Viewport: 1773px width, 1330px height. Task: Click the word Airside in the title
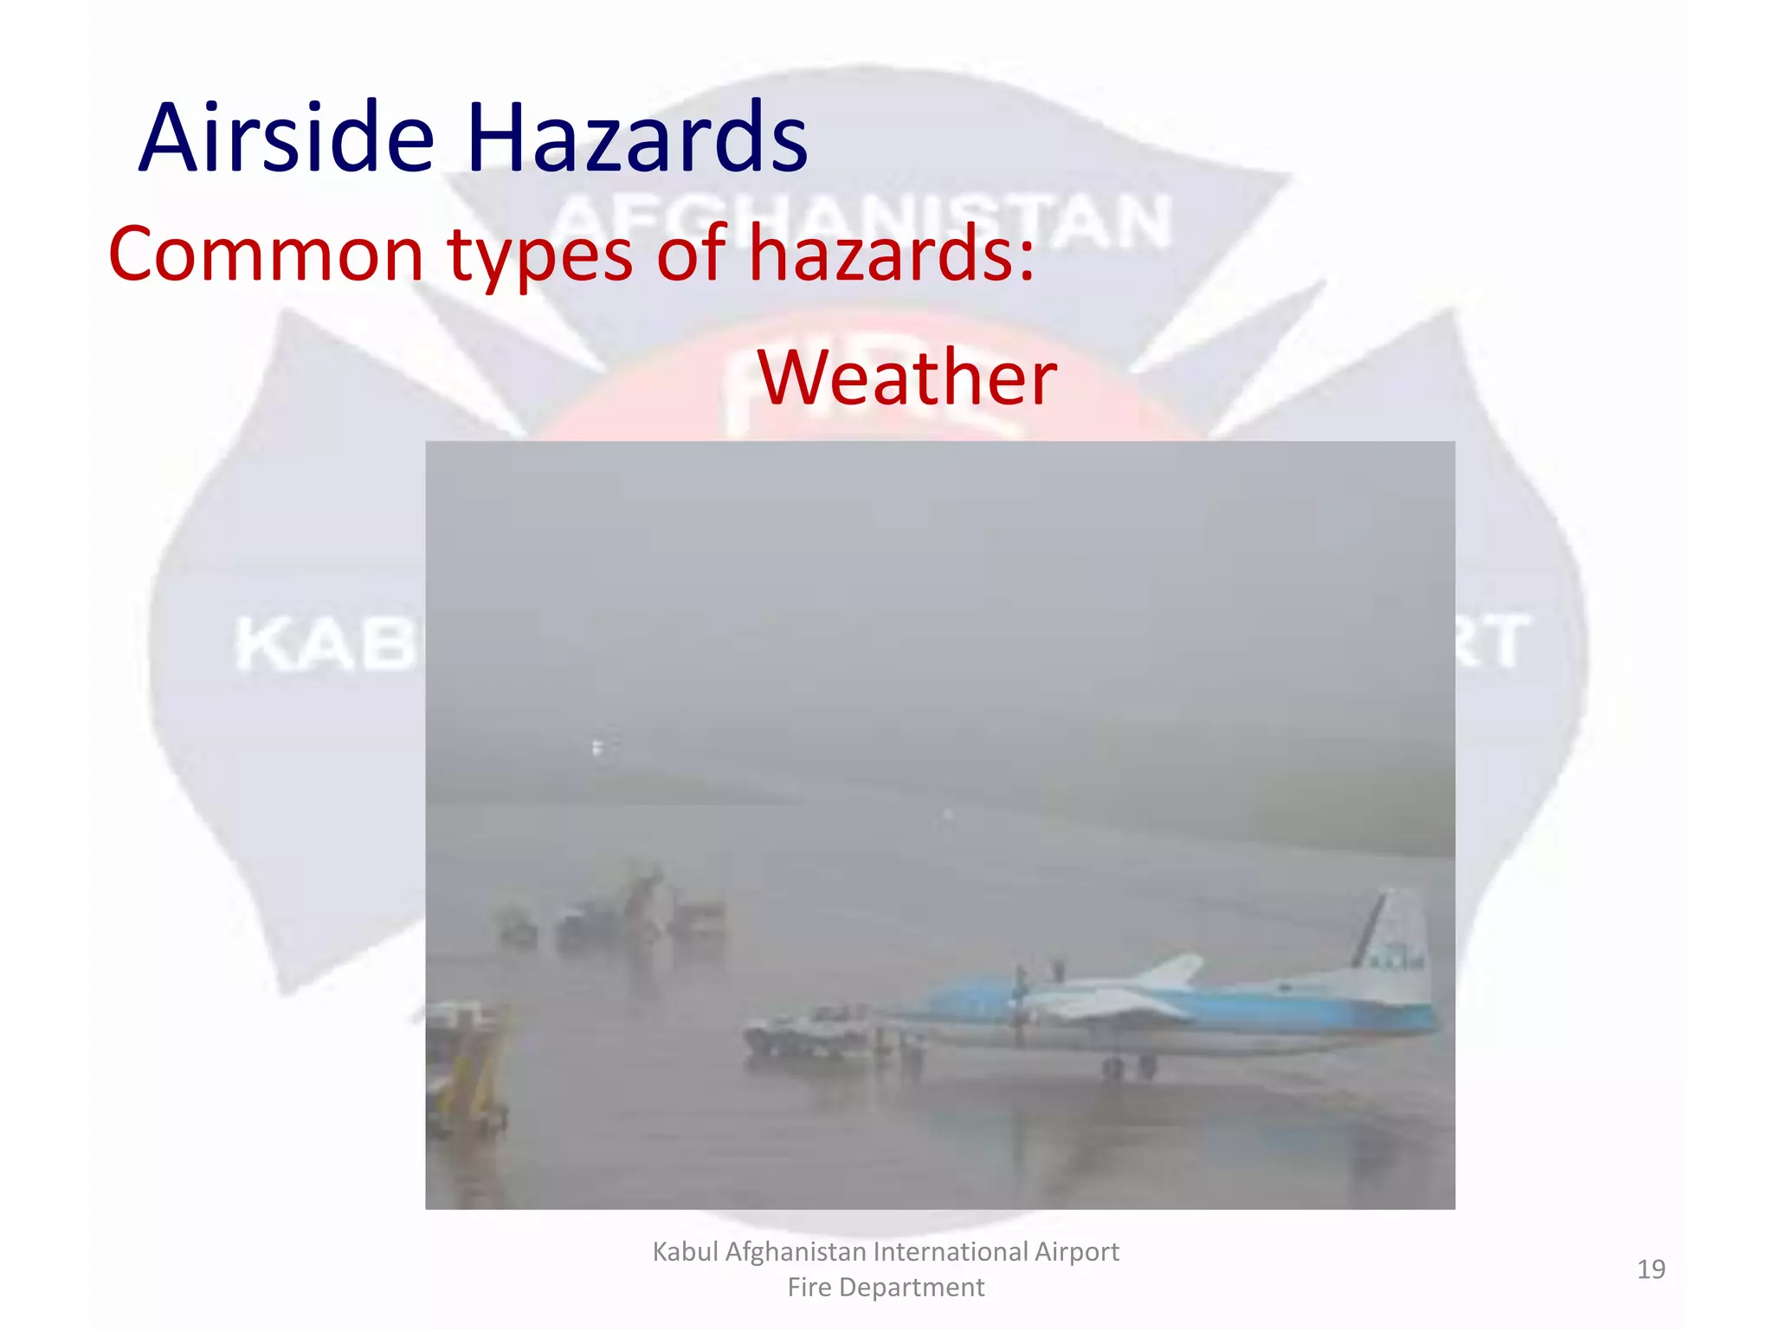(287, 139)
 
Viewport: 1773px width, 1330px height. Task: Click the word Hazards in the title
(636, 139)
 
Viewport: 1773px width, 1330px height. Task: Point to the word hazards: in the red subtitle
(892, 255)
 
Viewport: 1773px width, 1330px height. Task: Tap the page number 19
(1650, 1269)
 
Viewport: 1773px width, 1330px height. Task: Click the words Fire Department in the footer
(886, 1288)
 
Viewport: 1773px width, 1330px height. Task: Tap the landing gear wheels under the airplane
(1129, 1068)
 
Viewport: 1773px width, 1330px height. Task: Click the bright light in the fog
(596, 746)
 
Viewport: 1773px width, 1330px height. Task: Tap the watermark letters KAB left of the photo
(325, 645)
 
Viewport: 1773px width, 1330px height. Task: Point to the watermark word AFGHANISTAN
(861, 221)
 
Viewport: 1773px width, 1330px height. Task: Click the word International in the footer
(950, 1252)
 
